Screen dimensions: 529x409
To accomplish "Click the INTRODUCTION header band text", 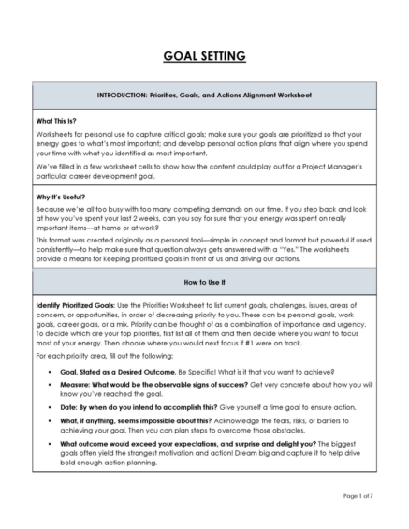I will point(204,96).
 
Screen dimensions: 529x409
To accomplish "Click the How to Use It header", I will point(204,281).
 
